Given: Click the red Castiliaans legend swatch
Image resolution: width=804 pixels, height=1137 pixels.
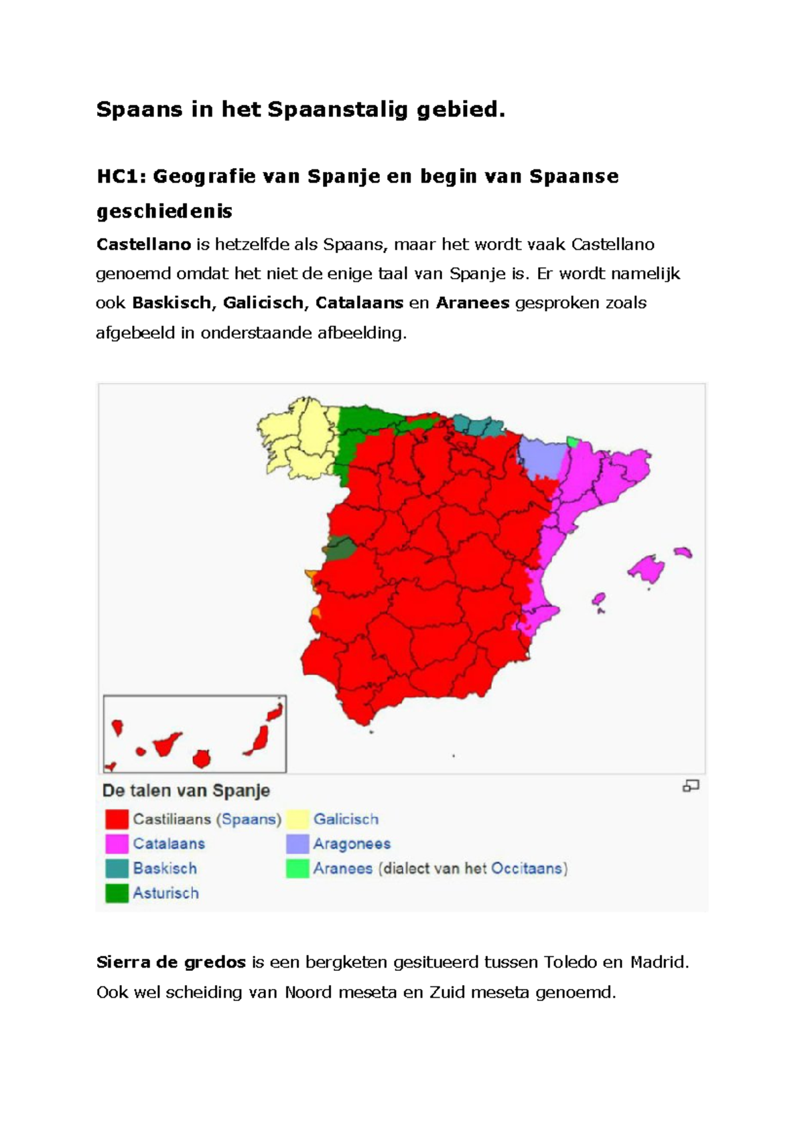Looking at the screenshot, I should pos(117,819).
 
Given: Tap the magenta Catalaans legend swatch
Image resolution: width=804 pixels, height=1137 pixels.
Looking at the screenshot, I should pos(117,844).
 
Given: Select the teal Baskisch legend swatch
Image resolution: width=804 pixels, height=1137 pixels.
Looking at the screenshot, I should pos(117,868).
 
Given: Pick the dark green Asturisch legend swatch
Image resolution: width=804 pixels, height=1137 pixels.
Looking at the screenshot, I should pos(117,893).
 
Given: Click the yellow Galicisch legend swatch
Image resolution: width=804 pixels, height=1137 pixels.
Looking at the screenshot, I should pos(297,819).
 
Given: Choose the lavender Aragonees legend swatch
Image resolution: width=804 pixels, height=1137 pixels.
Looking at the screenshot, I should pos(297,844).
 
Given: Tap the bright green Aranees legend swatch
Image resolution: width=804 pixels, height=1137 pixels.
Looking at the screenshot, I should pos(297,868).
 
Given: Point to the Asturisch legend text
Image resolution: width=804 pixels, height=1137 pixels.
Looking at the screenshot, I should pos(165,893).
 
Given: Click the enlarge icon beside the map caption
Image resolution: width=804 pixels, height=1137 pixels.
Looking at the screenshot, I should pos(691,786).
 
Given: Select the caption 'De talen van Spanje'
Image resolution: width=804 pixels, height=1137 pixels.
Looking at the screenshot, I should pos(186,791).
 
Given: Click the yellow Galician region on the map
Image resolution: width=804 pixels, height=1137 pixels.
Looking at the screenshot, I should pos(298,439).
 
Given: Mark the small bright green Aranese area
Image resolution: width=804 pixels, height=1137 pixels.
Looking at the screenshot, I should pos(572,441).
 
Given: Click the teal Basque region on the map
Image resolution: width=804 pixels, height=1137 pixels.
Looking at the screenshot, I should pos(477,425).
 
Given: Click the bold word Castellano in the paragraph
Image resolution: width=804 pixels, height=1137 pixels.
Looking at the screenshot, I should pos(143,244).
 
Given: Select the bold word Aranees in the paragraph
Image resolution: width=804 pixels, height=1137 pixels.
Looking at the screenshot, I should pos(472,303).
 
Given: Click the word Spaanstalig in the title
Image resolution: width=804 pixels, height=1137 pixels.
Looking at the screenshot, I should pos(338,109).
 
